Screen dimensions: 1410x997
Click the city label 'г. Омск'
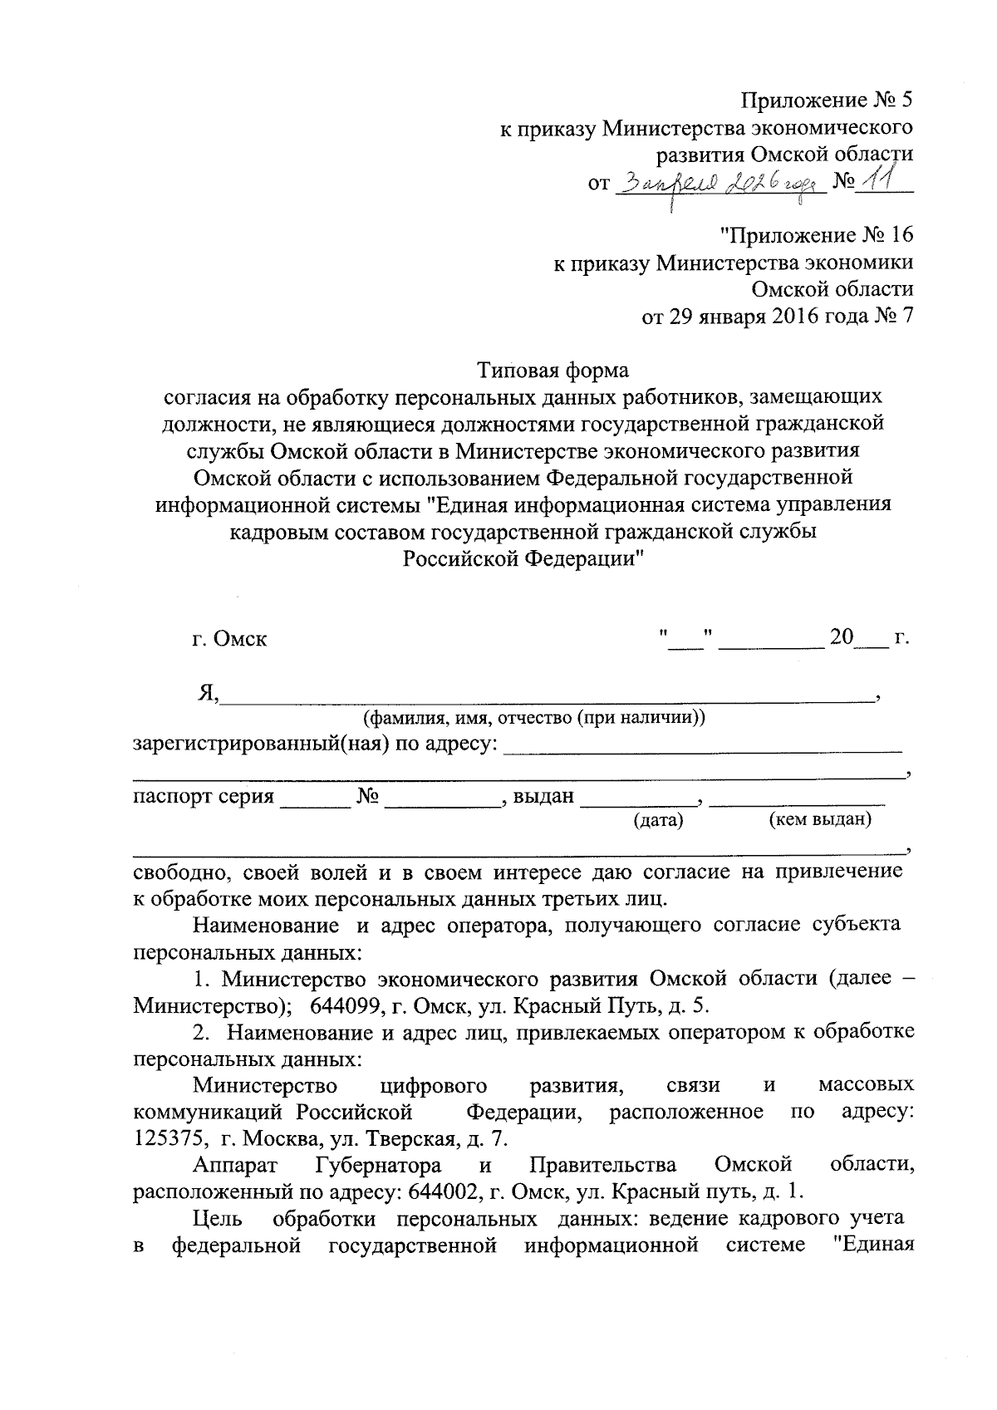point(229,640)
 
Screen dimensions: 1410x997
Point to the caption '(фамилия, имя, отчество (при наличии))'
point(533,717)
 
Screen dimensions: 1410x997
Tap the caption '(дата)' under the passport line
point(658,821)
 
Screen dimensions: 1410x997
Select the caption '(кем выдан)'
point(819,820)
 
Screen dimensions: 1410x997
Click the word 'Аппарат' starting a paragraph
point(233,1164)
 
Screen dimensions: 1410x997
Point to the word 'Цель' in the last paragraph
point(218,1218)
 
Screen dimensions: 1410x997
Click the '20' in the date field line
point(841,638)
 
